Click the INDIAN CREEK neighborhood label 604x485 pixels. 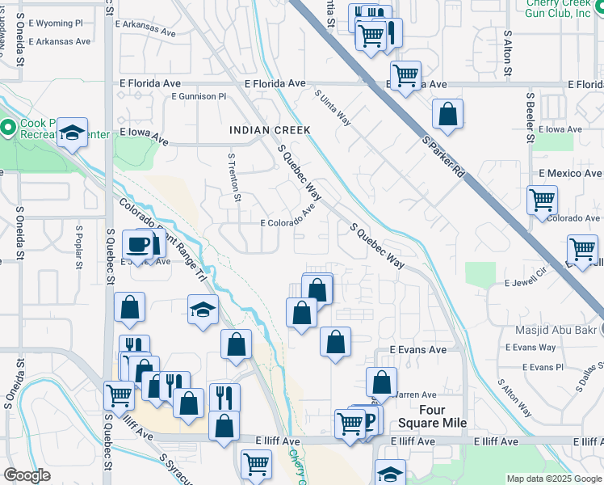coord(270,130)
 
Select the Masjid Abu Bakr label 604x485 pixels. coord(560,330)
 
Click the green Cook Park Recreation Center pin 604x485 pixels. coord(8,128)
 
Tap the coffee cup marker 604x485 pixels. coord(136,244)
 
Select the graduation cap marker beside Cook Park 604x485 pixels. coord(73,134)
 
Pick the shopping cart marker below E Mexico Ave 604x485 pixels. coord(542,200)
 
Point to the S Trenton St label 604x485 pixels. coord(234,177)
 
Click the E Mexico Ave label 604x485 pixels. coord(569,173)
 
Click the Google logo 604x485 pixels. coord(27,475)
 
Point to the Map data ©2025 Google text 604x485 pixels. coord(553,479)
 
